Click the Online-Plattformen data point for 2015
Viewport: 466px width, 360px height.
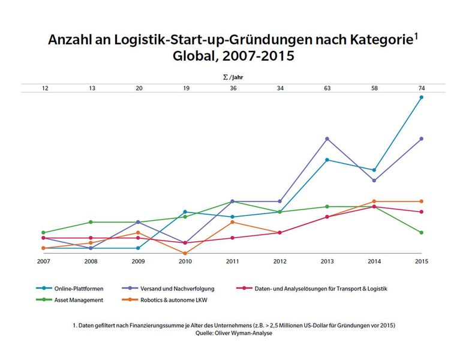[x=422, y=97]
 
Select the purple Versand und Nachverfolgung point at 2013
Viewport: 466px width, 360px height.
[x=327, y=139]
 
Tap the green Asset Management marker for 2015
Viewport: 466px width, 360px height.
[x=422, y=233]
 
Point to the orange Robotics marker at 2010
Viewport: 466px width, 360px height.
[x=185, y=253]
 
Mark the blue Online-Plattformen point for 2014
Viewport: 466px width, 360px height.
[x=374, y=170]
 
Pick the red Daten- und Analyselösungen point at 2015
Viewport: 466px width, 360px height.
[x=422, y=212]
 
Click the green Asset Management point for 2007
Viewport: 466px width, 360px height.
[x=43, y=233]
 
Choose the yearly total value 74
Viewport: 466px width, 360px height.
[x=422, y=88]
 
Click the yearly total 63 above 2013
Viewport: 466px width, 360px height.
[x=327, y=88]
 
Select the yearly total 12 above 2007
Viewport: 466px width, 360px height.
[x=45, y=88]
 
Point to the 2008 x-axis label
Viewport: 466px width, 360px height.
[x=91, y=262]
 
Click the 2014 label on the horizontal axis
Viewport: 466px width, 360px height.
[x=374, y=262]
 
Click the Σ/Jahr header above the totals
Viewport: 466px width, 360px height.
[x=233, y=77]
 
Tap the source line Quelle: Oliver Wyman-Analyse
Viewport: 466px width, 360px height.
[x=233, y=333]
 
